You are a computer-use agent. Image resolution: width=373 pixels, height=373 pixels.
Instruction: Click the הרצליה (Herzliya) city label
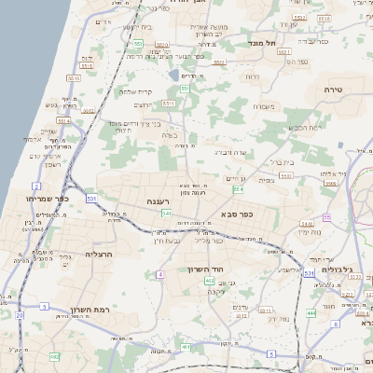point(98,254)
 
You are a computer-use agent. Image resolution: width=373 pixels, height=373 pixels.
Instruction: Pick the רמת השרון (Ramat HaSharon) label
point(90,309)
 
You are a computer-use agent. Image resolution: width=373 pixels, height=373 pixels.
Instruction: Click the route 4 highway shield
point(160,274)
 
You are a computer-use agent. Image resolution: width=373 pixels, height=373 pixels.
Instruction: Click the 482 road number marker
point(54,356)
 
